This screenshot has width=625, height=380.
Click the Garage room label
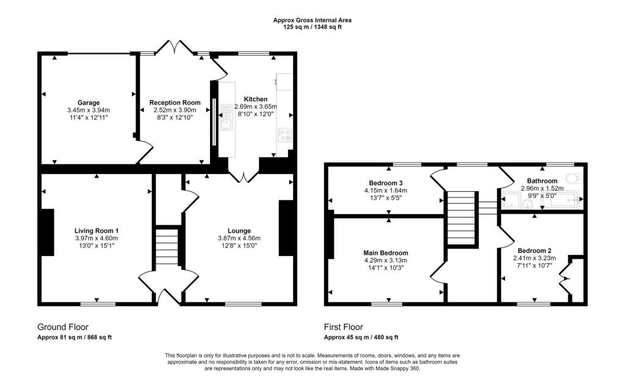(89, 103)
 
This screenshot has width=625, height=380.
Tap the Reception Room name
(175, 103)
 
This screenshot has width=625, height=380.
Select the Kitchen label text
(256, 99)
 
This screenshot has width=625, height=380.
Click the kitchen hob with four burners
(285, 134)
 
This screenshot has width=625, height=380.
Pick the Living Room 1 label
(96, 231)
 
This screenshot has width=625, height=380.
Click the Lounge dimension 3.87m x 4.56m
(239, 238)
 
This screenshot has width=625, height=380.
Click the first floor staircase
(462, 217)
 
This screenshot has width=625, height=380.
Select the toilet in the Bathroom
(575, 178)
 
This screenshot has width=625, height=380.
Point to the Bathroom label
(542, 181)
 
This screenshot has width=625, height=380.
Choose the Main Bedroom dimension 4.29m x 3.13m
(386, 260)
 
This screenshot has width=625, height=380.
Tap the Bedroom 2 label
(535, 250)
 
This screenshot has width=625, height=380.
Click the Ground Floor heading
(63, 327)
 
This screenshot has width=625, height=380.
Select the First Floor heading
(343, 327)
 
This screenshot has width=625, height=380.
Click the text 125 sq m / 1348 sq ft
(312, 27)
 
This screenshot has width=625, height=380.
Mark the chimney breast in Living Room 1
(48, 232)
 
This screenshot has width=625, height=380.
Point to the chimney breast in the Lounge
(286, 228)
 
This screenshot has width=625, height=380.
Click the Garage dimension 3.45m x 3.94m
(89, 110)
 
